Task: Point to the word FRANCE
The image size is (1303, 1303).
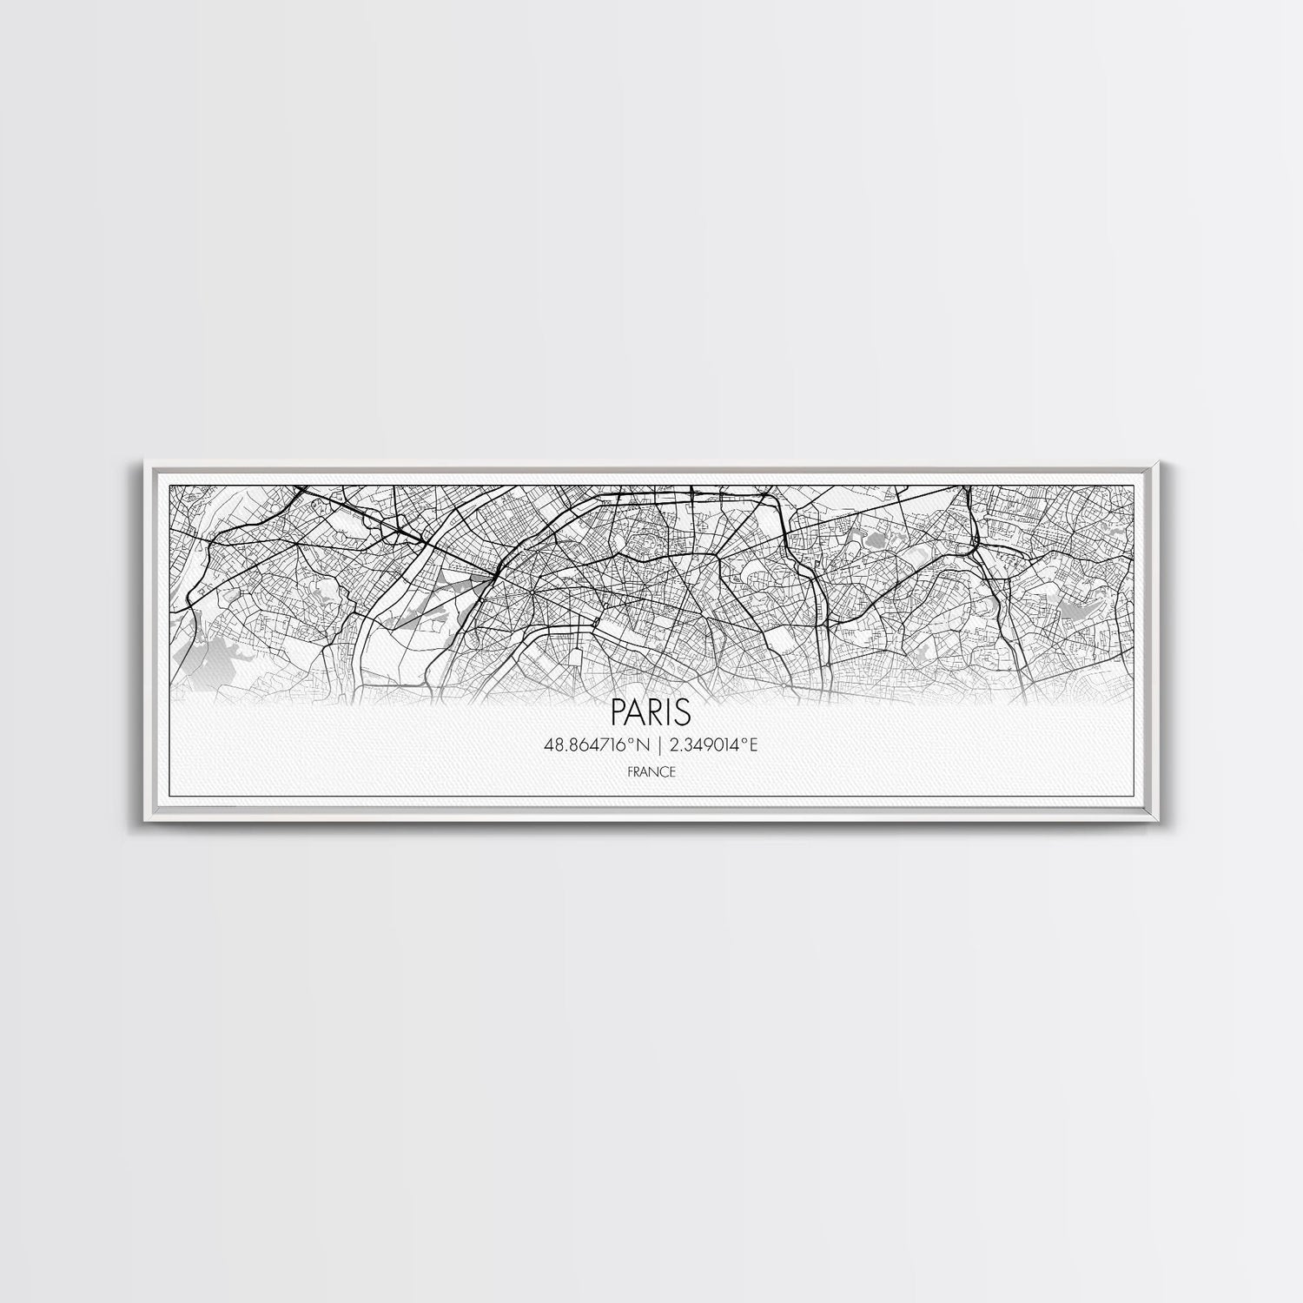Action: (651, 771)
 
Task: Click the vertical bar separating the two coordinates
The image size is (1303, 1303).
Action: (651, 744)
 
